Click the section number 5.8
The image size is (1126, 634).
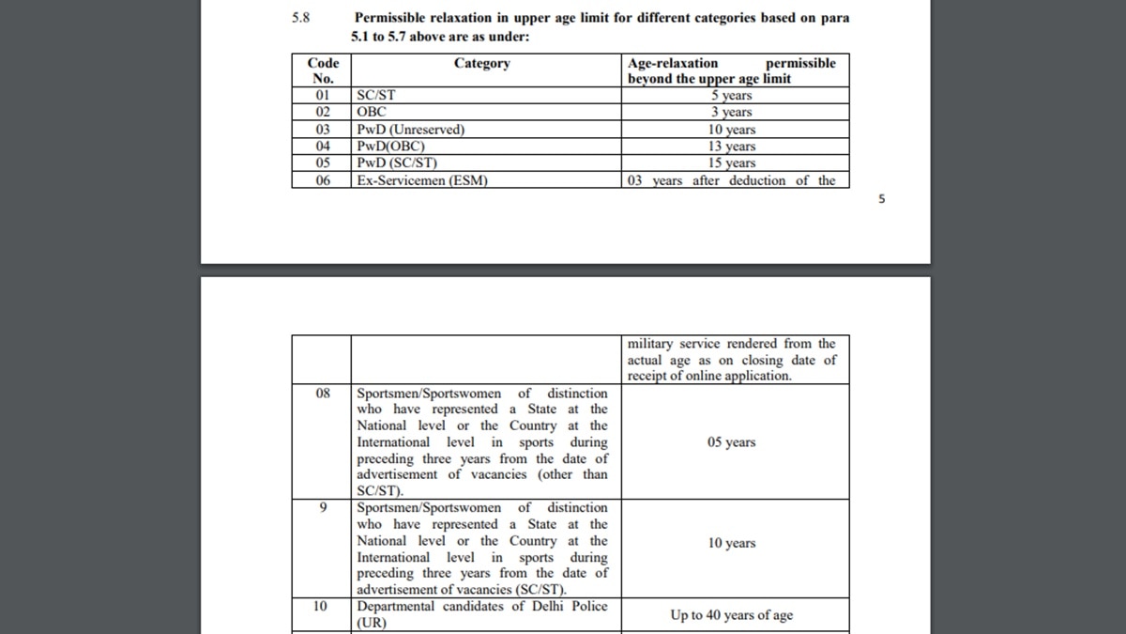300,18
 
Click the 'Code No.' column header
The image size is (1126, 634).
323,70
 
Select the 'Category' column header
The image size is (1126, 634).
481,63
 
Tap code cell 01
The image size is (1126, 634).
323,95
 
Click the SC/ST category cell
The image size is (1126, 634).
376,95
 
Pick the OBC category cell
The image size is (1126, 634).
372,112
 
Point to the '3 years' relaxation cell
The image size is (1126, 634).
731,112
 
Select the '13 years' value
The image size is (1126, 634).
731,146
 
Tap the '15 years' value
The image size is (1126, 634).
731,162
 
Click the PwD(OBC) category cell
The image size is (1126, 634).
391,146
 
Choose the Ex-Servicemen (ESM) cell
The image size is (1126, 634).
422,180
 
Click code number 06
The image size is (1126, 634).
323,180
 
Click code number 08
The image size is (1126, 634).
323,394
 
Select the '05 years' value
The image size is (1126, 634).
731,442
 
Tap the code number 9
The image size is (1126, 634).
323,508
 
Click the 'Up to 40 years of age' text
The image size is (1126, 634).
731,615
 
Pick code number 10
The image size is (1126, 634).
320,607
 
